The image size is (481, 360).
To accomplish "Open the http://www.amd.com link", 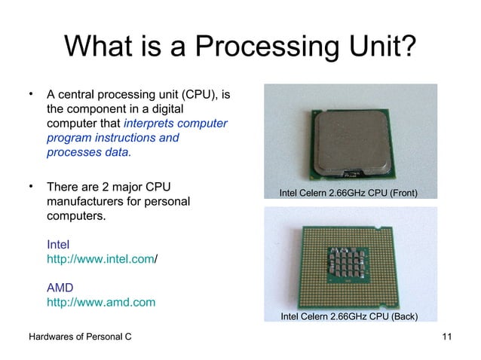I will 101,303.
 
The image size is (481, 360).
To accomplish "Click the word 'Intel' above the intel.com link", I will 58,245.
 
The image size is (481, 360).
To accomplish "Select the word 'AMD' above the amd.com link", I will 60,288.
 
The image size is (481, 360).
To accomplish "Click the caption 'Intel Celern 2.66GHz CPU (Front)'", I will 348,194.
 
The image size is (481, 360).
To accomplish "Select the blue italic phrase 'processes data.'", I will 88,152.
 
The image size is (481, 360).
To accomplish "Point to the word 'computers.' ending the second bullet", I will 76,217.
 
